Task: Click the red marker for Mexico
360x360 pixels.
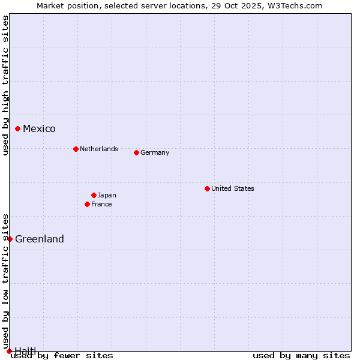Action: click(18, 128)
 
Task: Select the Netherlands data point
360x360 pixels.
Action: click(76, 149)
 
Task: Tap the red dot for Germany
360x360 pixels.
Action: click(136, 152)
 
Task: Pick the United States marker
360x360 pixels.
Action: click(207, 188)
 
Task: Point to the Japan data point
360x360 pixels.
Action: click(94, 195)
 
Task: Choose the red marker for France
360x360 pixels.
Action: click(88, 204)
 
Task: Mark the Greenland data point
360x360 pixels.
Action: click(10, 239)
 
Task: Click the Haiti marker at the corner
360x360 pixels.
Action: click(9, 351)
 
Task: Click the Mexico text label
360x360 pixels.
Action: click(39, 128)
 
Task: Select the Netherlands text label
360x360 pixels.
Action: click(99, 149)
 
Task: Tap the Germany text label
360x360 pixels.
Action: click(155, 152)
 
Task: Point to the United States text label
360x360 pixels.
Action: click(233, 188)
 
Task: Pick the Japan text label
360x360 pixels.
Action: click(107, 195)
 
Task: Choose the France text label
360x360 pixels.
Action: click(101, 204)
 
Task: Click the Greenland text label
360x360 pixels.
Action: click(40, 239)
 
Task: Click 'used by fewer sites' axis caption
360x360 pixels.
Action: click(62, 355)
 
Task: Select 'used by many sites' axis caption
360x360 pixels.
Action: click(301, 355)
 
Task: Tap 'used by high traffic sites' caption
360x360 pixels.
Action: click(5, 85)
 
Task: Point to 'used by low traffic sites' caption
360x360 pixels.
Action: click(5, 282)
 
